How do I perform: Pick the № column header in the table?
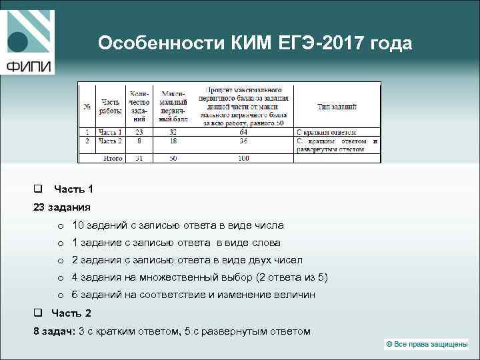(x=87, y=107)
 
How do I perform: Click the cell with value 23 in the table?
(x=139, y=132)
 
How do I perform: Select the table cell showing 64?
(x=243, y=132)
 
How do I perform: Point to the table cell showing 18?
(x=173, y=141)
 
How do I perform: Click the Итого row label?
(x=113, y=158)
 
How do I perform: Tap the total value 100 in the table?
(x=243, y=158)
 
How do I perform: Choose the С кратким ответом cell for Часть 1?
(x=327, y=132)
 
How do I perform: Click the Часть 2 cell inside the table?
(x=111, y=141)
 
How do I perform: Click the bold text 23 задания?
(x=62, y=207)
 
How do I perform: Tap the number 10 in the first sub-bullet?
(x=78, y=225)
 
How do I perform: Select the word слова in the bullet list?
(x=267, y=243)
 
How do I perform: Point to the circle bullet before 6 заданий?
(x=60, y=295)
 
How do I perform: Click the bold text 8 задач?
(x=54, y=331)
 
